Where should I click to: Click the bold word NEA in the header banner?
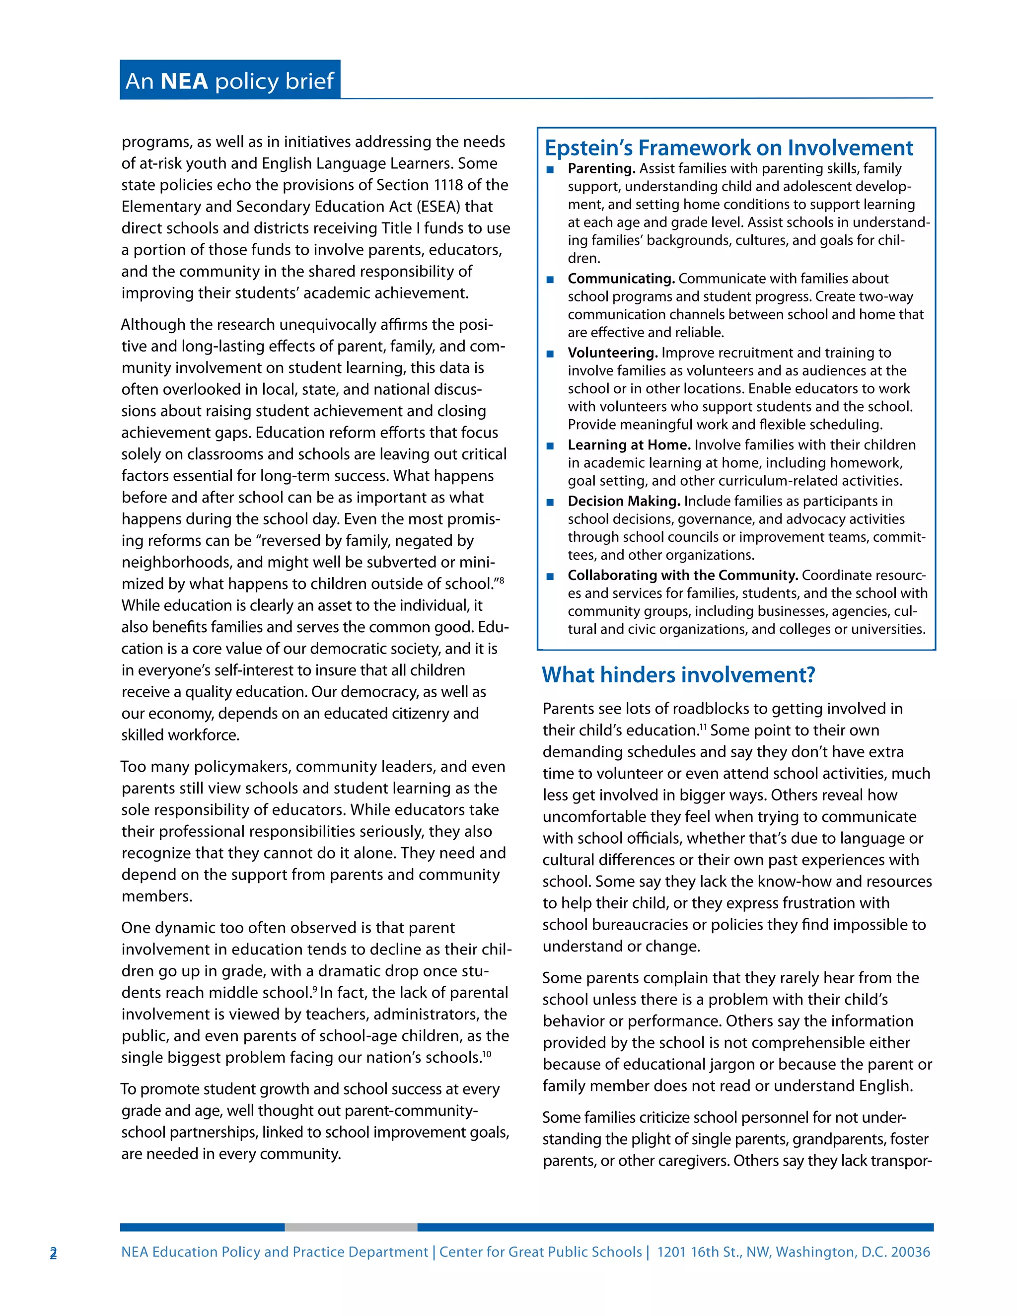pos(184,81)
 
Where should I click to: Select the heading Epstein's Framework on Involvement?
pos(728,147)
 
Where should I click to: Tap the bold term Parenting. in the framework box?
pos(601,169)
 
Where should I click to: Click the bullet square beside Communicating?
pos(550,280)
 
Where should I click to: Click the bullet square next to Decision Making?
pos(550,502)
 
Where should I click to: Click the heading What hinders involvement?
pos(678,675)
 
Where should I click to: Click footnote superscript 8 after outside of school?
pos(501,580)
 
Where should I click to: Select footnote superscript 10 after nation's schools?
pos(487,1054)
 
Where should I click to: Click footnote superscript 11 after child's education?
pos(703,727)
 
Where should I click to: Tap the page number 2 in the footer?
pos(53,1253)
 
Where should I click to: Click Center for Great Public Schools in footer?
pos(540,1252)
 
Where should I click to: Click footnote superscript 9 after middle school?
pos(314,989)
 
